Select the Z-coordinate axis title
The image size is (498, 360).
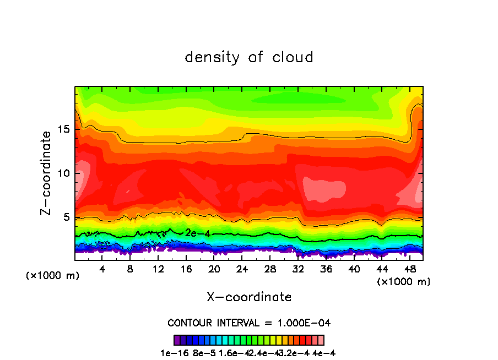click(x=47, y=173)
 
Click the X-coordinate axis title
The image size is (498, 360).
click(x=249, y=297)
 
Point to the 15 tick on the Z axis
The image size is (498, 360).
click(x=64, y=129)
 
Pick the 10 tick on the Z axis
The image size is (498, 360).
click(x=64, y=173)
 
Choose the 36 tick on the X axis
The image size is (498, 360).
click(x=326, y=269)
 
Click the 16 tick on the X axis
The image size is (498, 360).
click(x=186, y=269)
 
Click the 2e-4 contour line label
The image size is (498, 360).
click(x=196, y=233)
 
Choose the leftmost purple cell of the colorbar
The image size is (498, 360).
click(x=177, y=340)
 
